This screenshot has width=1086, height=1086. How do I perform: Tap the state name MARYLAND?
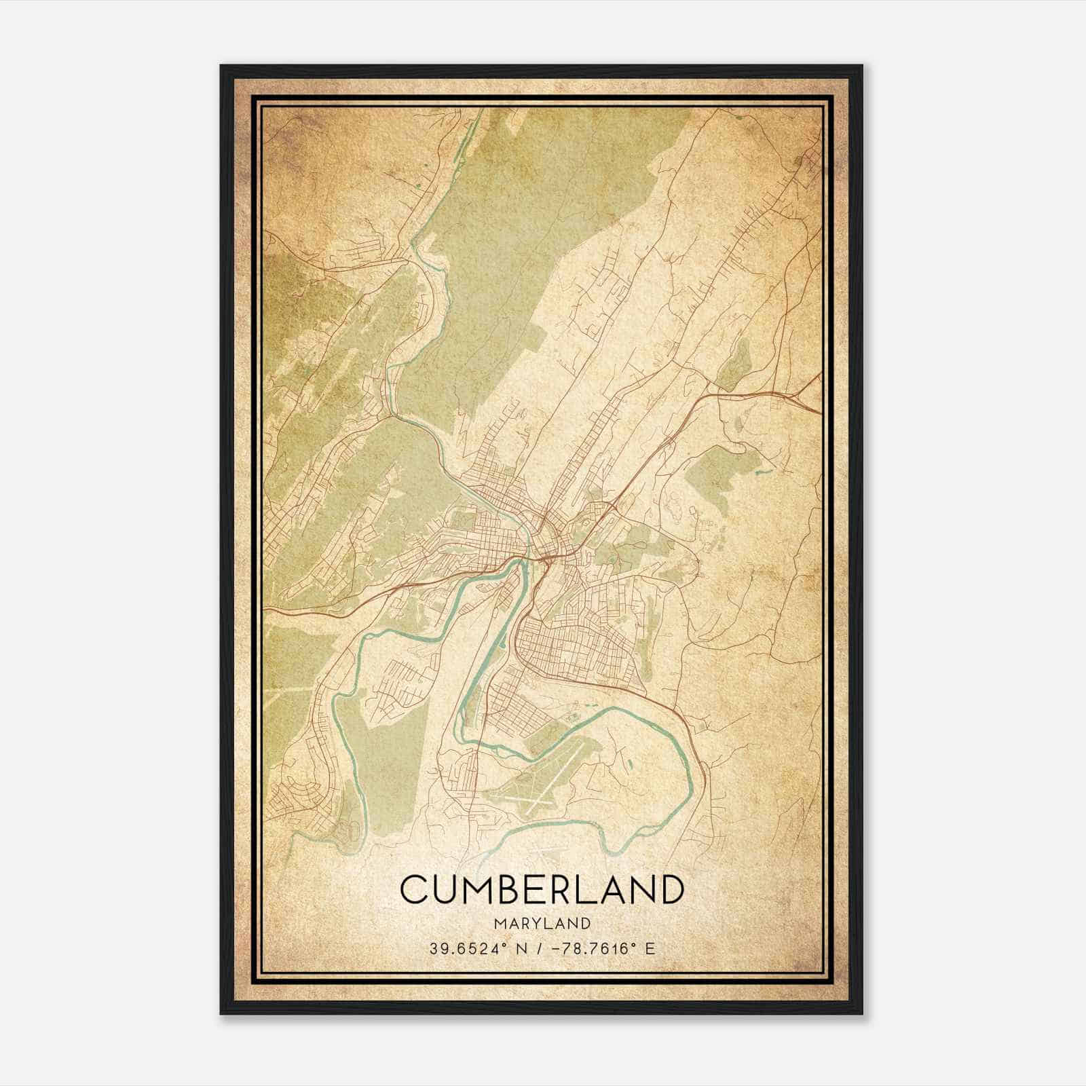pyautogui.click(x=542, y=923)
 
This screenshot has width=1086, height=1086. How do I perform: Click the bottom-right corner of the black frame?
pyautogui.click(x=863, y=1014)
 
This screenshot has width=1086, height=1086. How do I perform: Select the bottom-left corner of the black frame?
pyautogui.click(x=221, y=1014)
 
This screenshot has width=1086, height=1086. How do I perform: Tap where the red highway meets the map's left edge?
pyautogui.click(x=265, y=610)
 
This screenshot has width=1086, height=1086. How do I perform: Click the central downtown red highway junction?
pyautogui.click(x=545, y=558)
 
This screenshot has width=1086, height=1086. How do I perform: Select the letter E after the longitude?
pyautogui.click(x=651, y=949)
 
